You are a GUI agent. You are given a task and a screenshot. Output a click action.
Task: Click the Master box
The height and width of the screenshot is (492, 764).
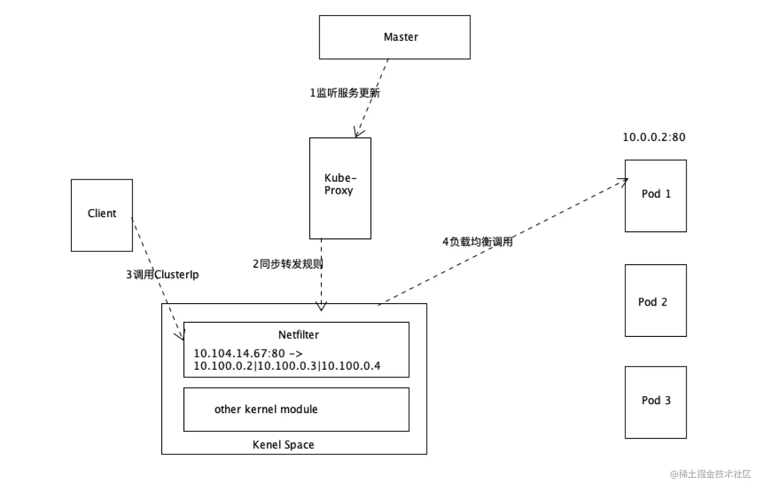click(x=394, y=37)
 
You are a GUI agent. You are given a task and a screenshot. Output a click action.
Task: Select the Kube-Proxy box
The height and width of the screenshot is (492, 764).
click(x=340, y=188)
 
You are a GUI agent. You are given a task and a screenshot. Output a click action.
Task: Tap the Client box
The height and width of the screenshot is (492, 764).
click(x=102, y=215)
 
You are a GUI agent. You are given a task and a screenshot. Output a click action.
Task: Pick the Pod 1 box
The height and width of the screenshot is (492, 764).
click(x=655, y=196)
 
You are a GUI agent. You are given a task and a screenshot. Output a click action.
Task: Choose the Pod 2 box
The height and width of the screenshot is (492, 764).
click(x=655, y=301)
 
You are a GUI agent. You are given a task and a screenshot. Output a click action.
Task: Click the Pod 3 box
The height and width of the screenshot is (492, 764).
click(x=655, y=402)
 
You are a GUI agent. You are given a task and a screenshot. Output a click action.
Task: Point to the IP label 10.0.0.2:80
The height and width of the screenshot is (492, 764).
click(x=654, y=137)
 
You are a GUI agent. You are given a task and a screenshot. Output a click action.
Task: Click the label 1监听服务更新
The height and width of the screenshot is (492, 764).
click(x=345, y=93)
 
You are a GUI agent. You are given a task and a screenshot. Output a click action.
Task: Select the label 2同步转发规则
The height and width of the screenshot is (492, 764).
click(x=288, y=264)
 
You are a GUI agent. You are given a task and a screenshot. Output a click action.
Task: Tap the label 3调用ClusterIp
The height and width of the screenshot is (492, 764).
click(x=162, y=275)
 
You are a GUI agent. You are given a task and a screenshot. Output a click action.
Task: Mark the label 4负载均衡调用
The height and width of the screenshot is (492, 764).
click(x=478, y=242)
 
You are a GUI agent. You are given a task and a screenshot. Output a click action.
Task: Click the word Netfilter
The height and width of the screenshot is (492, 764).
click(x=299, y=335)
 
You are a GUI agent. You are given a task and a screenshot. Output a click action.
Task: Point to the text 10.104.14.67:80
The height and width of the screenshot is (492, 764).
click(x=240, y=354)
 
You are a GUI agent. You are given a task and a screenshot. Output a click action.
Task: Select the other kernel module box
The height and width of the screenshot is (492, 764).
click(x=296, y=410)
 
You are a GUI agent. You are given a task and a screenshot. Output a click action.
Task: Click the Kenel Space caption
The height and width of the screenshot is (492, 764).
click(x=283, y=445)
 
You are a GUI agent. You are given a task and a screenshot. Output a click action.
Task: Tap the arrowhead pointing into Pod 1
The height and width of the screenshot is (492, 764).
click(x=624, y=181)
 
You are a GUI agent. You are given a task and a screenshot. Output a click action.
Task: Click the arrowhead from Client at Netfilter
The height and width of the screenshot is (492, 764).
click(x=182, y=335)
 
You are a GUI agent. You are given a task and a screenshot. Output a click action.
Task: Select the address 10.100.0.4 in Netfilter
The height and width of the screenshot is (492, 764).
click(x=351, y=366)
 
